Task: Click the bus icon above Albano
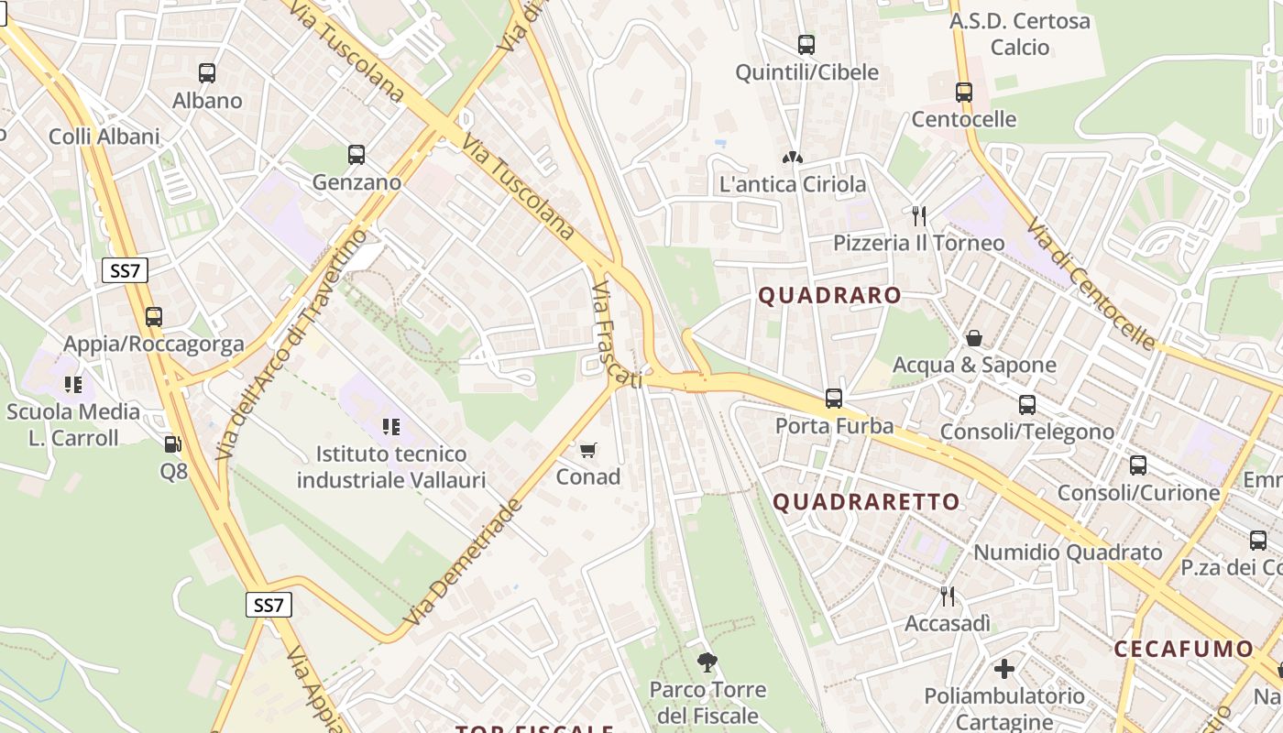click(207, 73)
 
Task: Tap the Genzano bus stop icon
click(356, 155)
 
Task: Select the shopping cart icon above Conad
click(588, 450)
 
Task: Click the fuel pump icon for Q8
click(172, 444)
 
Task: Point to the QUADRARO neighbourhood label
click(830, 295)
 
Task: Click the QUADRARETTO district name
click(866, 502)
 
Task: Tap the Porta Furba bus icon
click(834, 399)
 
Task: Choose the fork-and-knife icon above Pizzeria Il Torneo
click(919, 216)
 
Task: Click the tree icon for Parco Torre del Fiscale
click(707, 662)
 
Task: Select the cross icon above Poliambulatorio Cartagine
click(1004, 669)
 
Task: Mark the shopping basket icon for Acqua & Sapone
click(974, 338)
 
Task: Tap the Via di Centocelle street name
click(1091, 283)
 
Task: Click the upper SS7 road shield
click(124, 270)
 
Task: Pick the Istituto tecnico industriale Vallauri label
click(391, 466)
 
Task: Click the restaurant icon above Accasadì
click(948, 596)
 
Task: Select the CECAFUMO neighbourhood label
click(1183, 650)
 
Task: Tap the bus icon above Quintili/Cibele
click(806, 44)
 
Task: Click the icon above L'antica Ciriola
click(793, 158)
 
